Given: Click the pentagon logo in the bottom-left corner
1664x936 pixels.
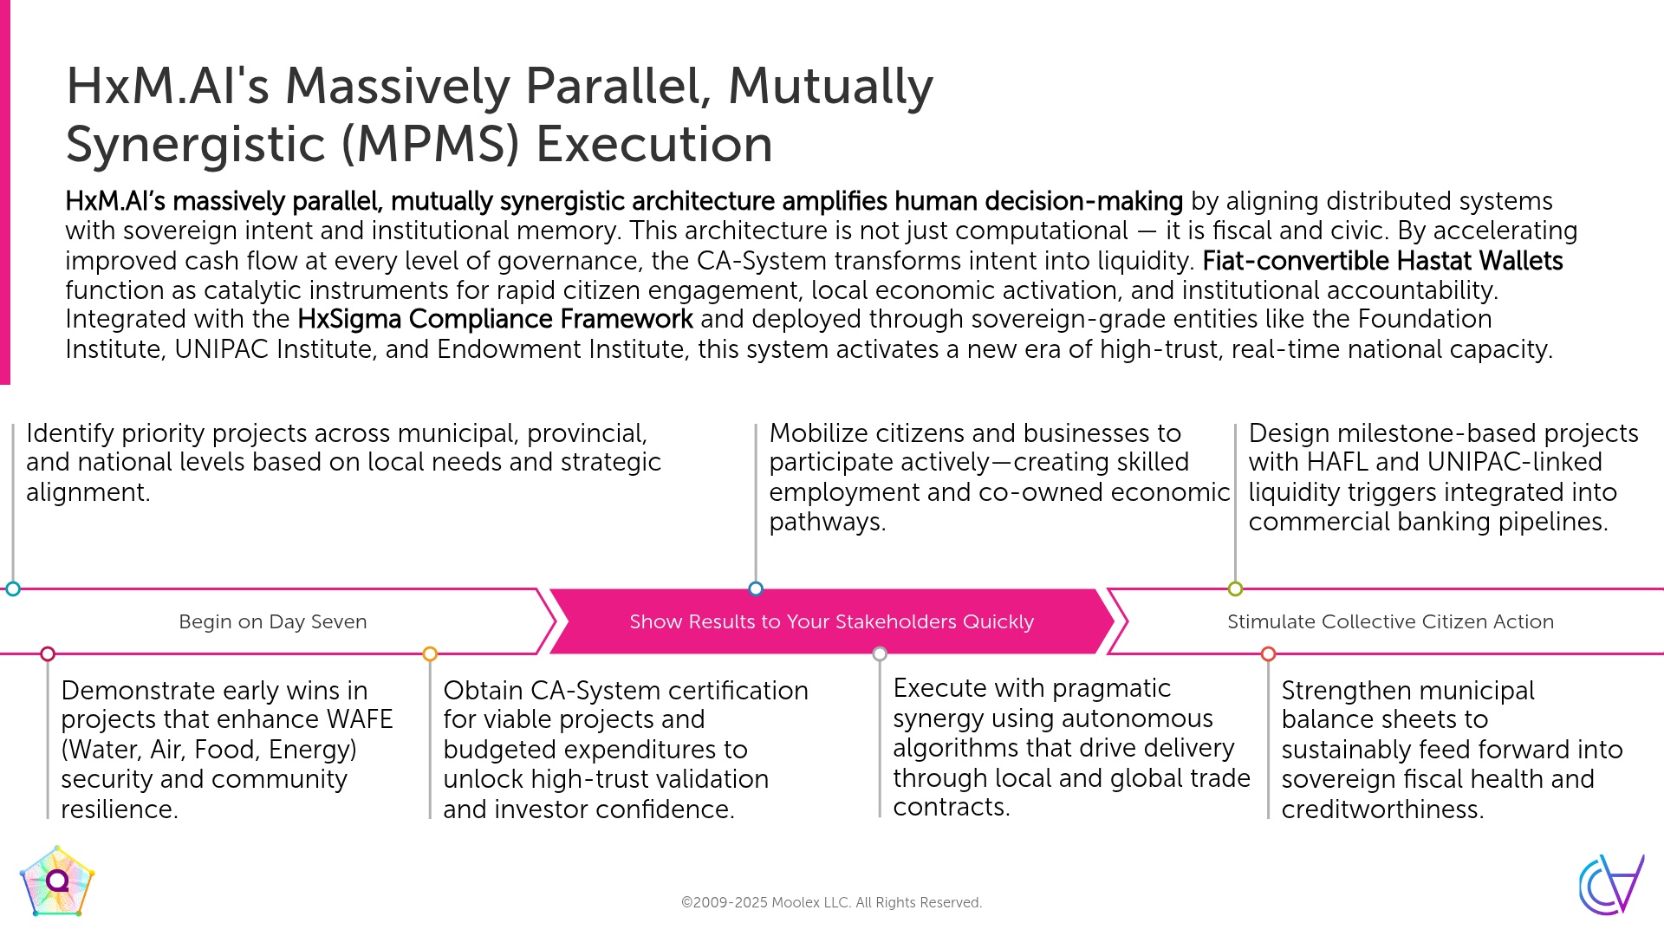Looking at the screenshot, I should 57,881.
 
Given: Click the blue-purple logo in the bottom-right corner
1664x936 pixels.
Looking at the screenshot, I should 1611,884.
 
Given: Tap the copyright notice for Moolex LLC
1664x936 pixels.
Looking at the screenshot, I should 831,902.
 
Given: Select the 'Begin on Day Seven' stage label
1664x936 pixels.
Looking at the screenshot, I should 272,621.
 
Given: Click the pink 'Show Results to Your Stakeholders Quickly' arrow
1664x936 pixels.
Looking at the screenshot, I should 831,621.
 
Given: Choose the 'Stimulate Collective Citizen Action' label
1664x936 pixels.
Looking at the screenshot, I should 1390,621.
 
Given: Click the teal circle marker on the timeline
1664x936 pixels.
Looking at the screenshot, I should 13,589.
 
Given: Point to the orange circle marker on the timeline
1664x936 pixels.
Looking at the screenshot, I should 430,654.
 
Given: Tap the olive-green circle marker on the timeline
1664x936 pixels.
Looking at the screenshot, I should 1235,589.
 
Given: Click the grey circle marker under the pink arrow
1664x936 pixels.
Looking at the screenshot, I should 880,654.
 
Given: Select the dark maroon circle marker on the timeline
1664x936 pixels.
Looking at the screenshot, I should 48,654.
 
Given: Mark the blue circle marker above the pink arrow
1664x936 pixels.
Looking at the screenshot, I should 756,589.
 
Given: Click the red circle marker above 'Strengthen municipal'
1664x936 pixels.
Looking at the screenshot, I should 1268,654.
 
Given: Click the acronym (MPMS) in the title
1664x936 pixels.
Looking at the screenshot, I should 431,144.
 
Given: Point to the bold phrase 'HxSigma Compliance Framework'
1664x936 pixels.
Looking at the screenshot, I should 495,319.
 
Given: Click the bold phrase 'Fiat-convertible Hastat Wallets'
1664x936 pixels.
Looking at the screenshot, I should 1382,261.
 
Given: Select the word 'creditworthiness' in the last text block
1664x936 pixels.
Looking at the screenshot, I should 1382,809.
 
